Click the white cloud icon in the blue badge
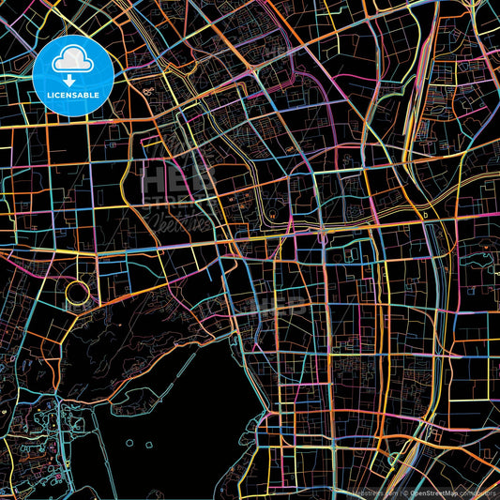71,60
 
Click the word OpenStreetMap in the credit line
439,492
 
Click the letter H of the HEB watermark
152,178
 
